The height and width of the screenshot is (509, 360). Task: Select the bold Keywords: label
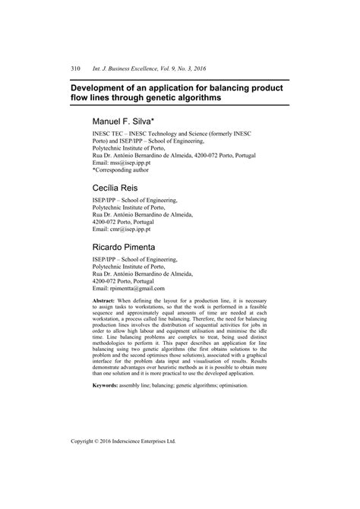[x=108, y=385]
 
